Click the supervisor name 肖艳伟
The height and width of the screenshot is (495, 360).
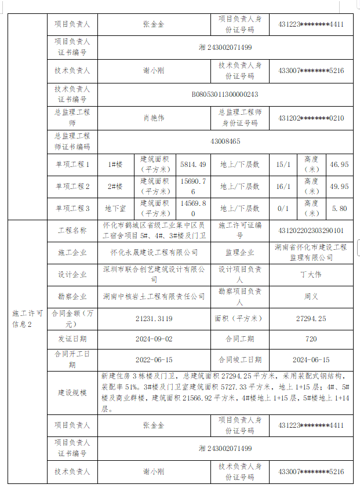(154, 118)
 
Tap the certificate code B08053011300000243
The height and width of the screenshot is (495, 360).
(226, 94)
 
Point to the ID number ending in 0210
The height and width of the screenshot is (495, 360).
(311, 118)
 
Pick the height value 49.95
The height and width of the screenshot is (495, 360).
(339, 187)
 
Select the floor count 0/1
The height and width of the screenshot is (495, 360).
(283, 208)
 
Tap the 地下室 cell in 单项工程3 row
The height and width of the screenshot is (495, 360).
(115, 208)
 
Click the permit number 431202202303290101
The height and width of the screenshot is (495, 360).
(311, 231)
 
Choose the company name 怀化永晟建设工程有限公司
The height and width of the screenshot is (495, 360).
(154, 253)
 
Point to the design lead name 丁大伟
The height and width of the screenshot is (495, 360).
(311, 274)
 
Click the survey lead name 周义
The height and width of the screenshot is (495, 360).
(311, 296)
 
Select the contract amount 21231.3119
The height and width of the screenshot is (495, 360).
(154, 318)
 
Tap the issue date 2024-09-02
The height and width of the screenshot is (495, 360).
(154, 339)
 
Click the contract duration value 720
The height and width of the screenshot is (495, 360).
(311, 339)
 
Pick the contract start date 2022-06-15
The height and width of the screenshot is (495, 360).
(154, 360)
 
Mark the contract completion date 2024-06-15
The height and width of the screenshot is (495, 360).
(311, 360)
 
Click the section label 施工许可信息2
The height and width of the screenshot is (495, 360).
(27, 318)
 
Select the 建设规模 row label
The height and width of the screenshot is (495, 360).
(72, 393)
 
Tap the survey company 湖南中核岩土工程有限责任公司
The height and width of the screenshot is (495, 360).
(154, 296)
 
